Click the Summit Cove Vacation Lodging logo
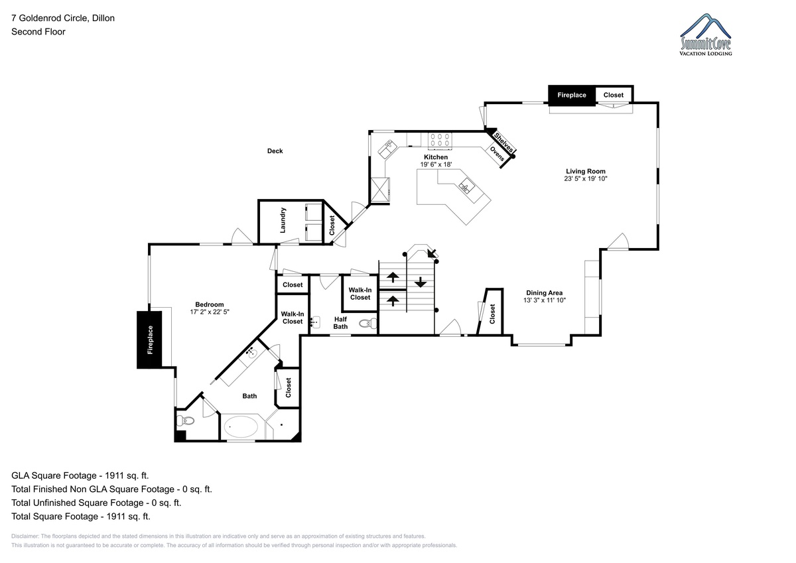coord(705,34)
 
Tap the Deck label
coord(275,151)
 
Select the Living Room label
coord(586,171)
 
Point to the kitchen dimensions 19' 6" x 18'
coord(436,164)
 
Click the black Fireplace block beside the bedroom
coord(150,340)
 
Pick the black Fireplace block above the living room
coord(572,95)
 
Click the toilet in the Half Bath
coord(367,323)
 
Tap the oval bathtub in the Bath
coord(241,426)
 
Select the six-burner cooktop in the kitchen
coord(440,140)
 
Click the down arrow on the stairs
coord(421,282)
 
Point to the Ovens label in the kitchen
coord(497,154)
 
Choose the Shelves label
coord(503,143)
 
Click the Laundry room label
coord(283,221)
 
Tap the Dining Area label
coord(545,293)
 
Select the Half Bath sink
coord(315,322)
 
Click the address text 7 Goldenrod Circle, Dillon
coord(63,18)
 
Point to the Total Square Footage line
coord(81,517)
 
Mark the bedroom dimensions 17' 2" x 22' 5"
coord(210,312)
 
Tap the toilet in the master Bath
coord(186,421)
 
